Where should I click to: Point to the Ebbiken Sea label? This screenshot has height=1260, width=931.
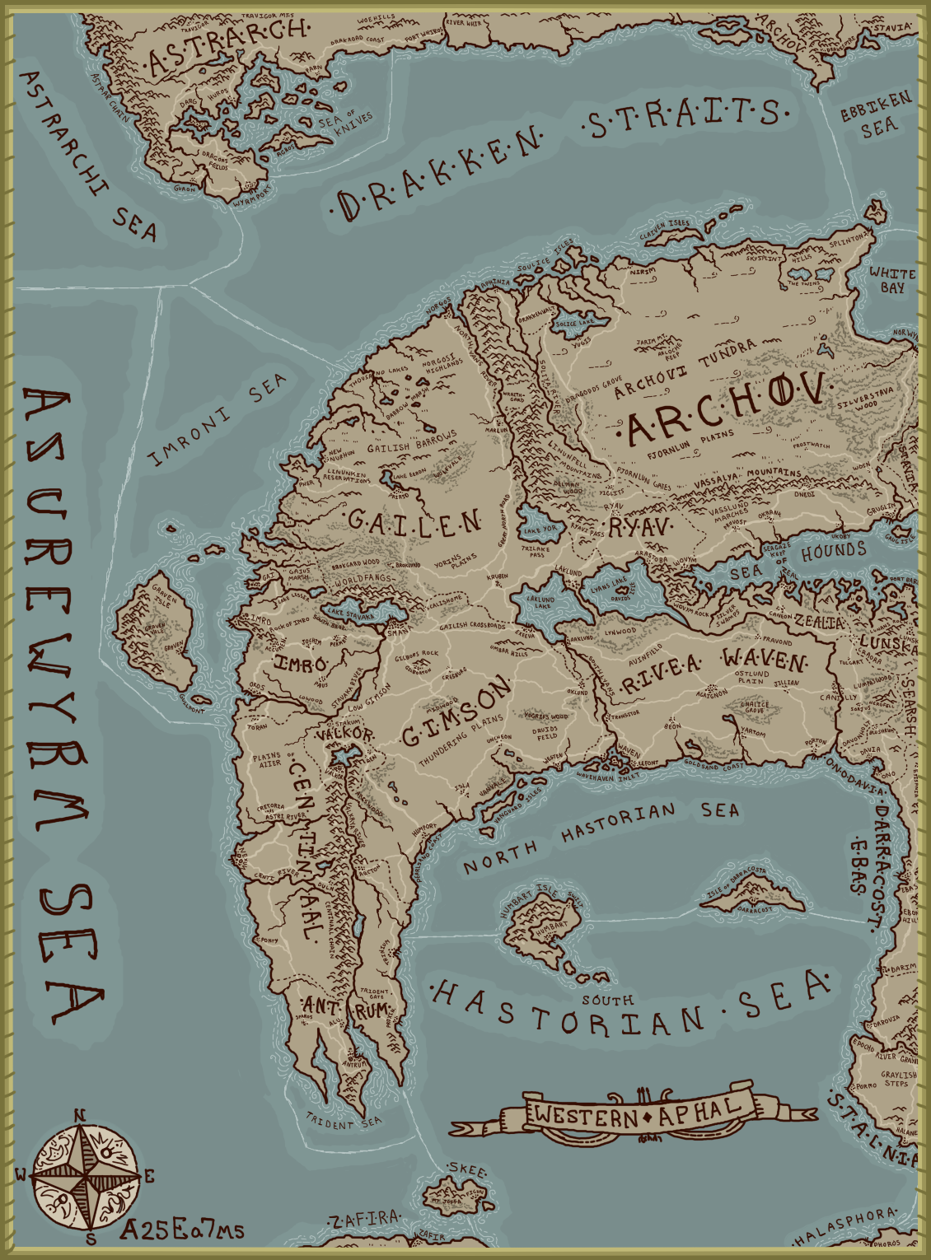pos(877,115)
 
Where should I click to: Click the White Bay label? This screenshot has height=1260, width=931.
pos(892,280)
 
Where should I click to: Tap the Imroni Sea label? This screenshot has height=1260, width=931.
pos(219,419)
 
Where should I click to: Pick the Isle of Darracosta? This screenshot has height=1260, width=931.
pos(751,894)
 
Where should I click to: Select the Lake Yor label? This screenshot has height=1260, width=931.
pos(540,530)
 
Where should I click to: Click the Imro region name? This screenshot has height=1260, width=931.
pos(301,664)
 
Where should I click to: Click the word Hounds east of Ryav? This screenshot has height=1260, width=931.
pos(834,552)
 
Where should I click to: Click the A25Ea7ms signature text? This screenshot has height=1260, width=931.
pos(182,1230)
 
